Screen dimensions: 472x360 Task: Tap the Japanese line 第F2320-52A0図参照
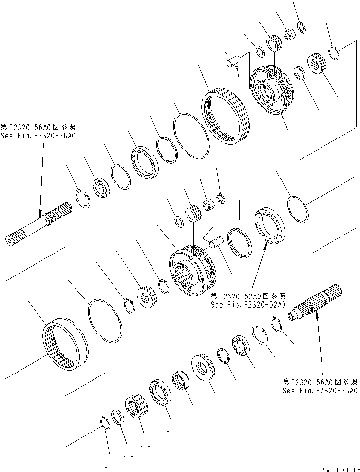(247, 296)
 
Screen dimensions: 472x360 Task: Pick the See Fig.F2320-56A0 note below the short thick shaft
(320, 390)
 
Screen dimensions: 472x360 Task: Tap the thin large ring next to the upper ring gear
(191, 135)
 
